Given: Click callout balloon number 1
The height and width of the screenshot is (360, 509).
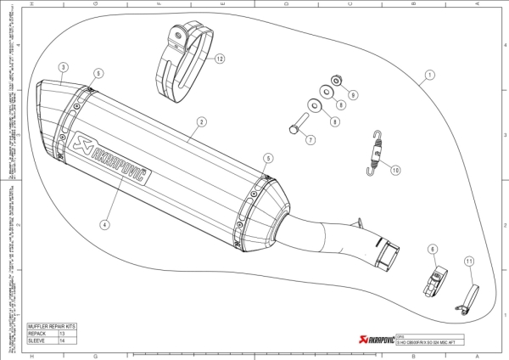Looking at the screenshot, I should tap(430, 75).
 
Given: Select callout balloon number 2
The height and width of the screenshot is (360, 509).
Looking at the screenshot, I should tap(202, 121).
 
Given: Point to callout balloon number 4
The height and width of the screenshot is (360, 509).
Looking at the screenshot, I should tap(103, 225).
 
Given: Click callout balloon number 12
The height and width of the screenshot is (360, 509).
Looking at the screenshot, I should tap(220, 59).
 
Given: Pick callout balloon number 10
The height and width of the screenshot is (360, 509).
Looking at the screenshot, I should tap(395, 170).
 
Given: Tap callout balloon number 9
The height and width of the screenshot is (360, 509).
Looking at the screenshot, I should tap(354, 93).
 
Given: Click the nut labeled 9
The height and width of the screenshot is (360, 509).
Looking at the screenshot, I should tap(337, 82).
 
